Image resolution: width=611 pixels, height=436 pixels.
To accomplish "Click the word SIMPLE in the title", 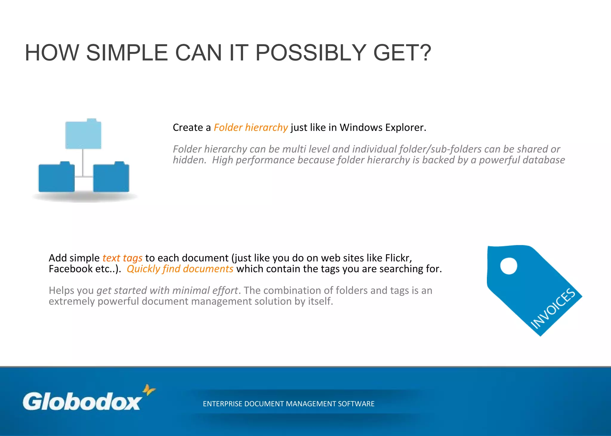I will tap(127, 53).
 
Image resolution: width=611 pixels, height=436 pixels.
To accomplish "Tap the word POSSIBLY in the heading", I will tap(311, 53).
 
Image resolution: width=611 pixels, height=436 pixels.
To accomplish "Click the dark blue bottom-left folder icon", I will tap(56, 177).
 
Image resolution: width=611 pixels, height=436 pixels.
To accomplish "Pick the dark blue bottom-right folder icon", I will tap(111, 177).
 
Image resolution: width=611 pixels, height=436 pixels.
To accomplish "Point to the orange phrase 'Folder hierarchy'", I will tap(251, 128).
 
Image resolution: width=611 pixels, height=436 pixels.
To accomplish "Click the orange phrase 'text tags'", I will tap(122, 258).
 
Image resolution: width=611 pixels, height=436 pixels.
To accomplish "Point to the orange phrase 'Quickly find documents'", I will tap(180, 269).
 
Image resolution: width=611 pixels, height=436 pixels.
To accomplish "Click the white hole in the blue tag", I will tap(508, 266).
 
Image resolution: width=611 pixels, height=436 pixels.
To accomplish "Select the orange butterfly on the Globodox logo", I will tap(149, 389).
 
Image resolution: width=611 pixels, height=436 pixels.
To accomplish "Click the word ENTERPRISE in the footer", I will tap(222, 404).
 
